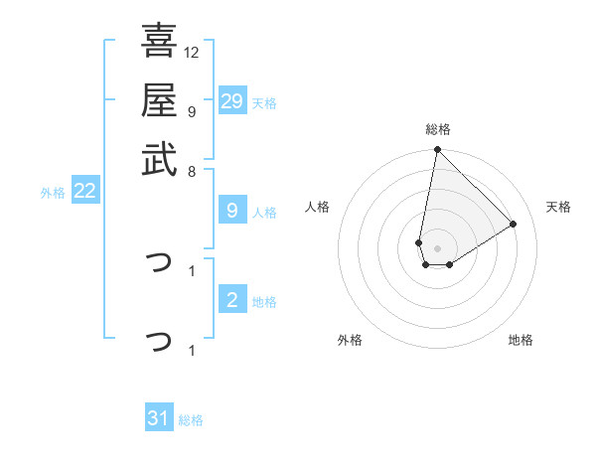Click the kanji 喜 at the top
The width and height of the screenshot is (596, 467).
[x=159, y=42]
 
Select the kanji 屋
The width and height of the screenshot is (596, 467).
[x=159, y=100]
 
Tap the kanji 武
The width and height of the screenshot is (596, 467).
[x=159, y=159]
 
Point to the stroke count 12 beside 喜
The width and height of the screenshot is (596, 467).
[x=192, y=52]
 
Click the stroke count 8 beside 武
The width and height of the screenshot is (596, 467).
[x=192, y=170]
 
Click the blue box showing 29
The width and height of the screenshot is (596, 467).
[x=232, y=101]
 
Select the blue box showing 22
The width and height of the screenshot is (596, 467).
[x=84, y=192]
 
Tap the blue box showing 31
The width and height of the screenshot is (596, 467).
[x=159, y=419]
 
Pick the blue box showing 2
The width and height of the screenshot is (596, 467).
[x=232, y=301]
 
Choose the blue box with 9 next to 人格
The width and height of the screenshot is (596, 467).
[x=232, y=211]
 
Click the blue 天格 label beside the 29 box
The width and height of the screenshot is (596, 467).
[x=264, y=103]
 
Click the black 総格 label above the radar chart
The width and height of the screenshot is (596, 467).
[x=438, y=129]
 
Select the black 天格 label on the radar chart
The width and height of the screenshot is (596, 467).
[x=559, y=207]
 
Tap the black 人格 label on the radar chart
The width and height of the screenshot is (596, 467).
[x=318, y=207]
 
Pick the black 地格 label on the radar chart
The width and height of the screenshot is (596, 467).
[x=521, y=340]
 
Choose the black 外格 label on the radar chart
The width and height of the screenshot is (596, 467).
[x=350, y=340]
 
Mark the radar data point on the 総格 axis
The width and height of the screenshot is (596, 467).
[x=437, y=151]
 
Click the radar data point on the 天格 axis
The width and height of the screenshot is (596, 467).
[x=514, y=224]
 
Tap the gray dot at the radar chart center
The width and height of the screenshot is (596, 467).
[x=437, y=248]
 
